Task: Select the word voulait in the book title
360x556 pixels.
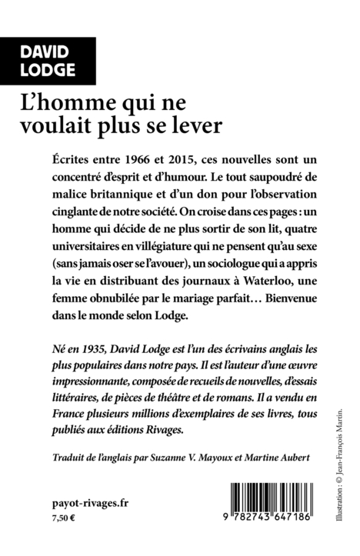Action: pyautogui.click(x=113, y=125)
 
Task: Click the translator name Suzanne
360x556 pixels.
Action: pyautogui.click(x=196, y=459)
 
